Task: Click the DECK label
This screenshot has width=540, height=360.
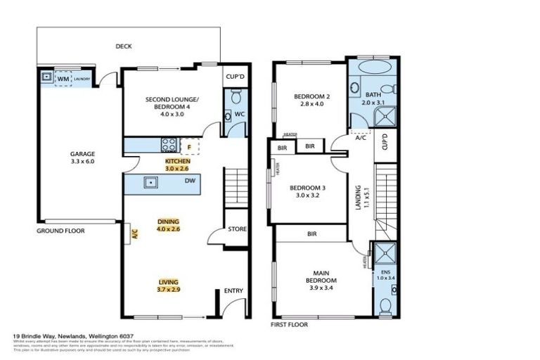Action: coord(124,47)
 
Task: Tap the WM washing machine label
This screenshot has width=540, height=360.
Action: coord(64,78)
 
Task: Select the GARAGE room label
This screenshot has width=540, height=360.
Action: coord(82,153)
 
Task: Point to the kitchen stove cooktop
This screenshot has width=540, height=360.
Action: coord(169,145)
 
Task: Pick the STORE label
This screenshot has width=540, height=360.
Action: coord(237,230)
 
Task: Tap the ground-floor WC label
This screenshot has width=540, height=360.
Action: coord(239,113)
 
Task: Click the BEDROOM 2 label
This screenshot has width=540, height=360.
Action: coord(309,96)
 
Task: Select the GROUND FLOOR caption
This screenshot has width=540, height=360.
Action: coord(60,231)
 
